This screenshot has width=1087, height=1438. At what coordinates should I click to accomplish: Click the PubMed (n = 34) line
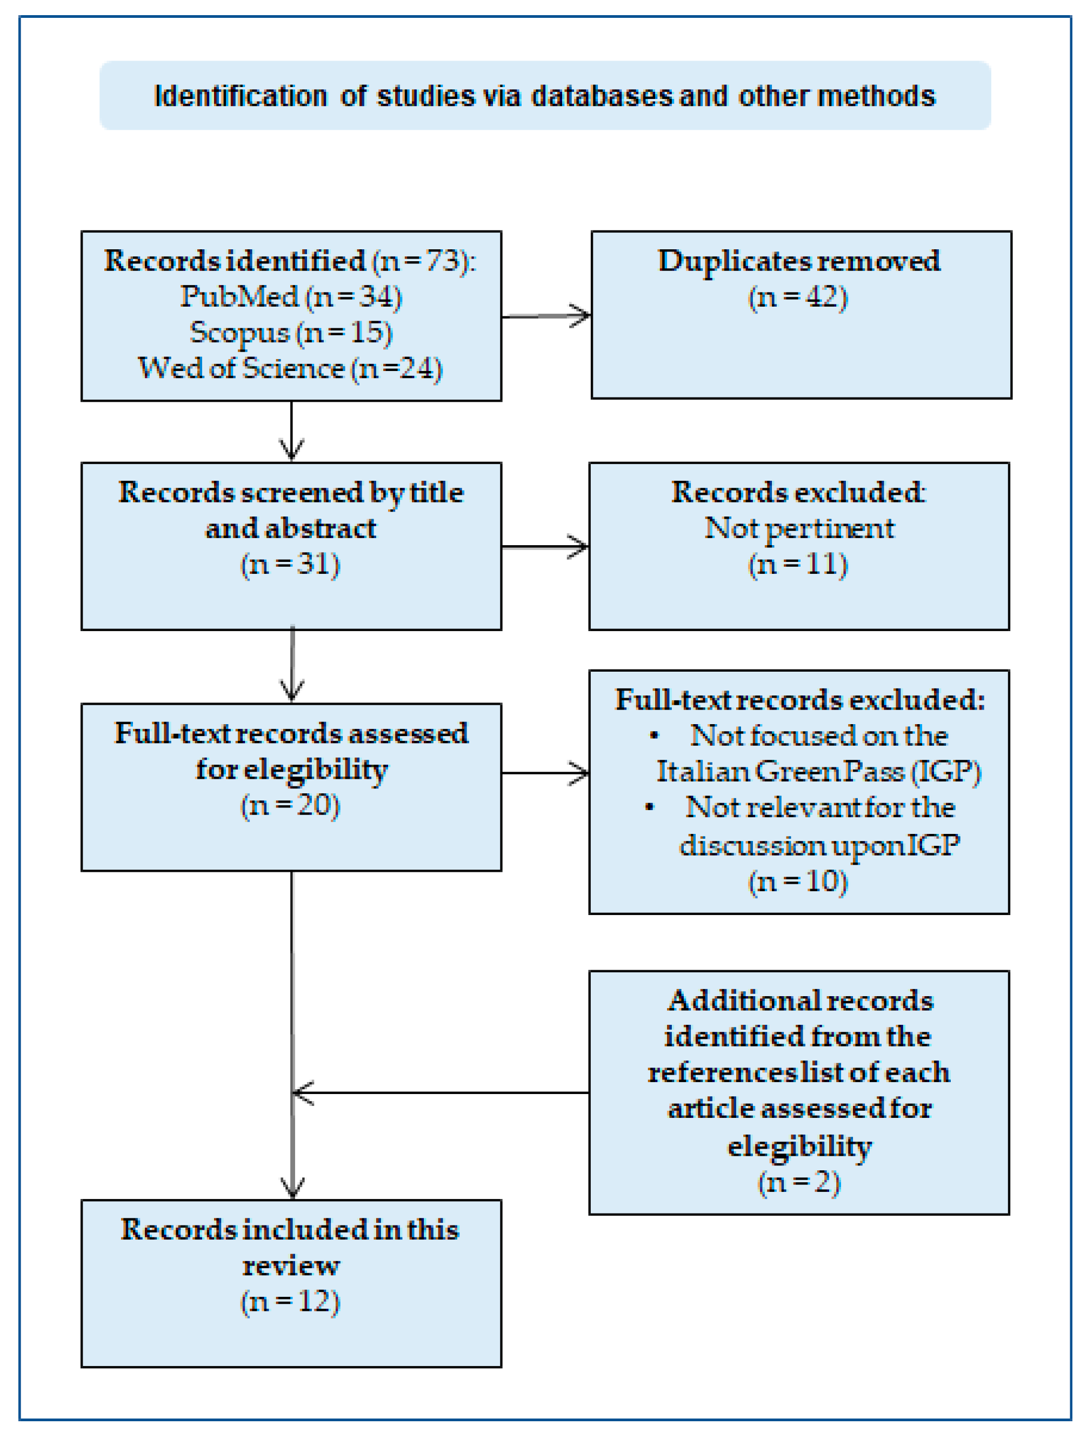pyautogui.click(x=291, y=296)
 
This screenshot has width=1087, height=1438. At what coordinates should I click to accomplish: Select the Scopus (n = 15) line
pyautogui.click(x=291, y=332)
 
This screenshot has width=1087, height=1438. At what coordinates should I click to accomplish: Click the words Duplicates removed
pyautogui.click(x=798, y=261)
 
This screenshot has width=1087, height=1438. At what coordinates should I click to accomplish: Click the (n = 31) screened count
pyautogui.click(x=290, y=564)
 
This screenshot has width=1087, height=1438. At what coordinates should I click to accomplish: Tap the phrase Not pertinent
pyautogui.click(x=798, y=528)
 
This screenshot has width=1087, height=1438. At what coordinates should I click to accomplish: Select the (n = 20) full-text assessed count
pyautogui.click(x=290, y=805)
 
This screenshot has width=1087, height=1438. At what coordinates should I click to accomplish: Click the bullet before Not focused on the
pyautogui.click(x=654, y=735)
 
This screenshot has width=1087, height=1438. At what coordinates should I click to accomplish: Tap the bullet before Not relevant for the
pyautogui.click(x=649, y=807)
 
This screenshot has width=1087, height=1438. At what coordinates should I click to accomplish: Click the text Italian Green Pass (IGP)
pyautogui.click(x=818, y=771)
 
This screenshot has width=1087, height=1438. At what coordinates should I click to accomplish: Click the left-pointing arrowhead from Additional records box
pyautogui.click(x=302, y=1093)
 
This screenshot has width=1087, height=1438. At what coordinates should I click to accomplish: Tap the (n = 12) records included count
pyautogui.click(x=290, y=1302)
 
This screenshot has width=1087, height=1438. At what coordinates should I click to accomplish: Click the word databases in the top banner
pyautogui.click(x=602, y=96)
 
